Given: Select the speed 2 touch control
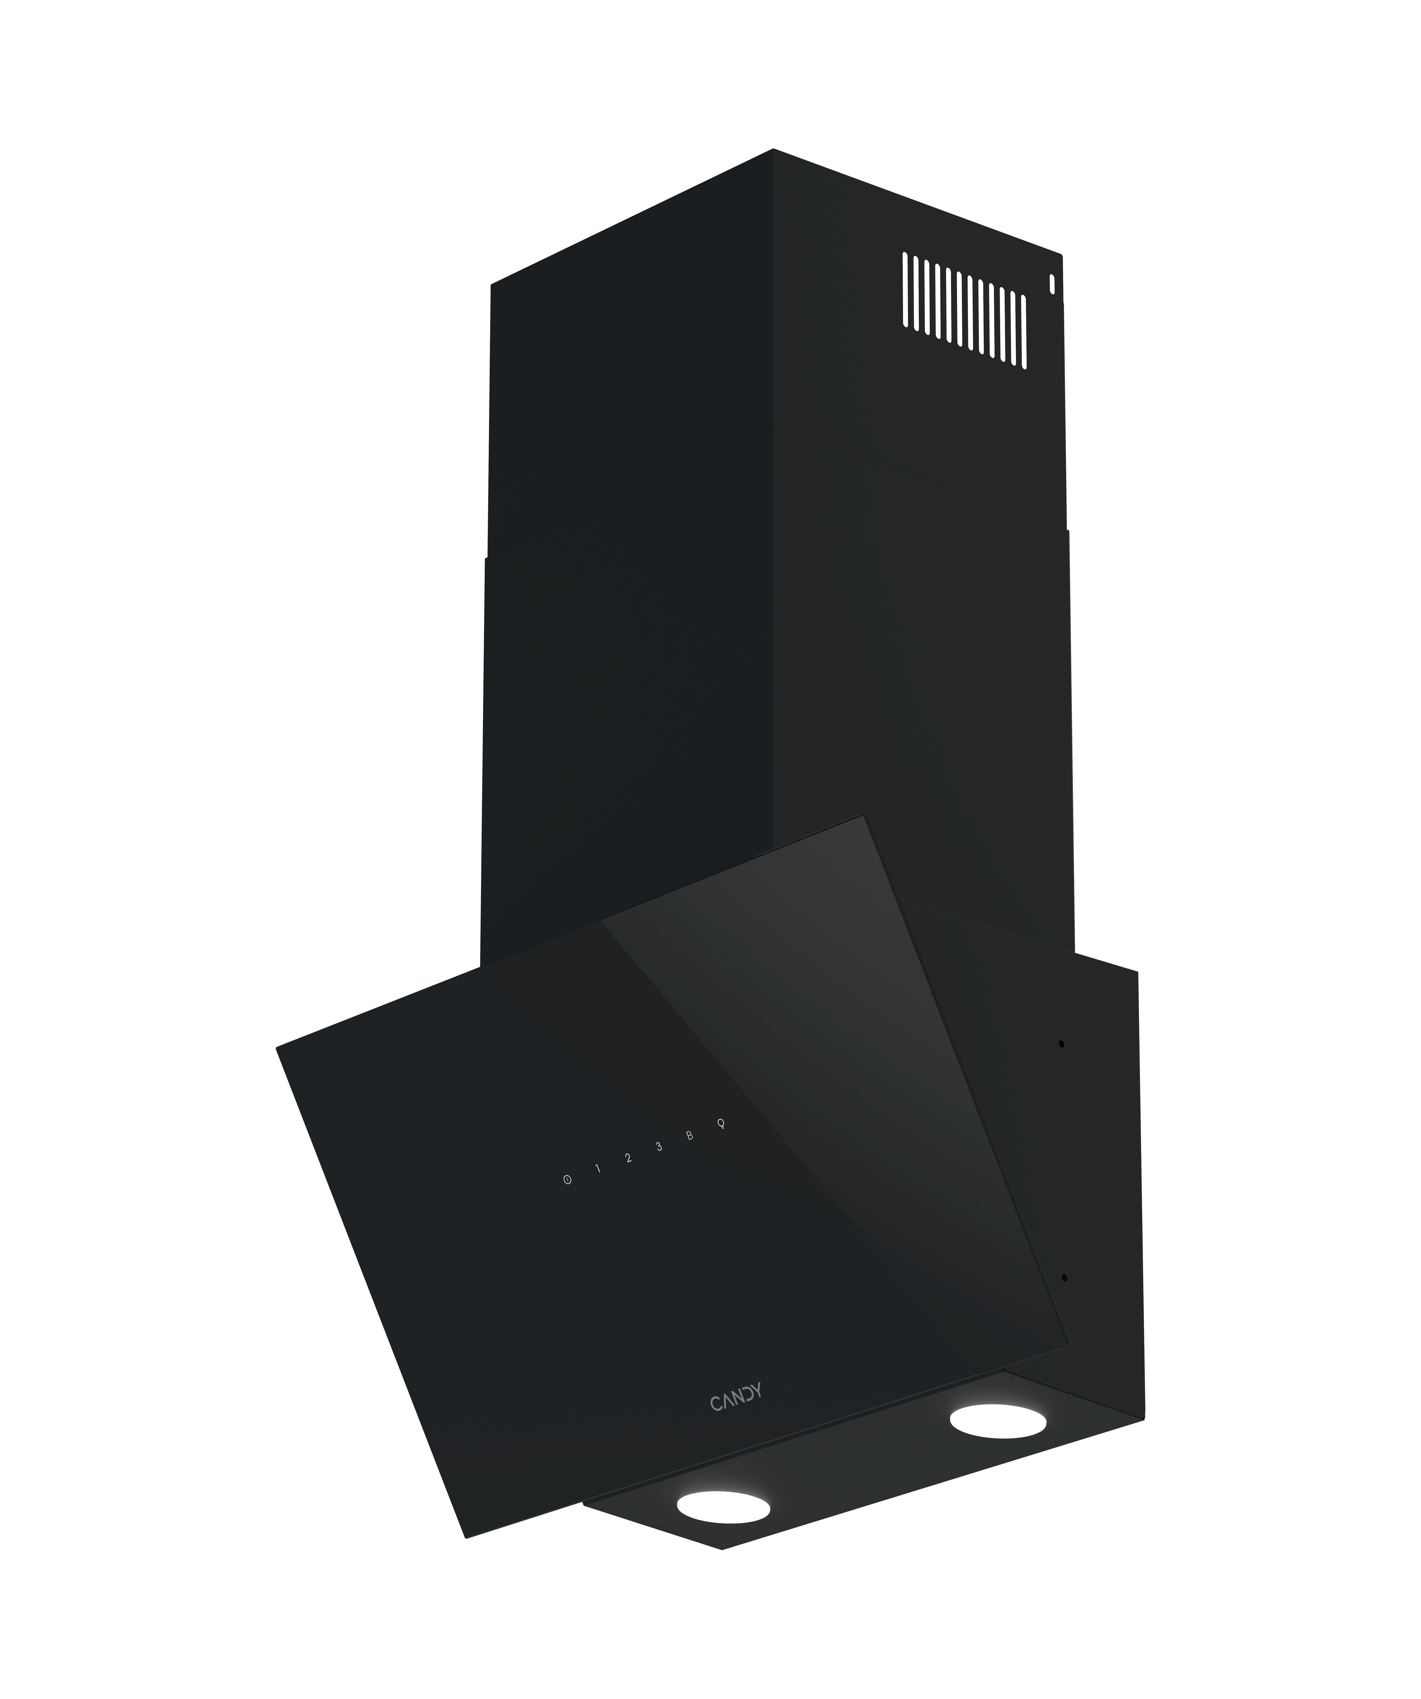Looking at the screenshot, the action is (628, 1158).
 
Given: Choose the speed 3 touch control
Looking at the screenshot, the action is (659, 1146).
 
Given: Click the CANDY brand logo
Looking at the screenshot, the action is (736, 1399).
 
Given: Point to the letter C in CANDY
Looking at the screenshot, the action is (715, 1404).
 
